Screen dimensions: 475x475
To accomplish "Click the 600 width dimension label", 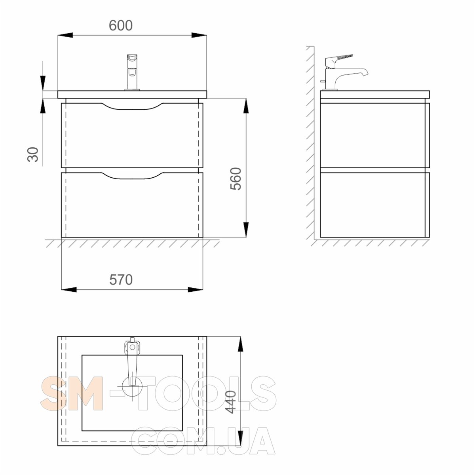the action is (121, 25).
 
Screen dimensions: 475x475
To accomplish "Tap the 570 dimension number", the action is (121, 280).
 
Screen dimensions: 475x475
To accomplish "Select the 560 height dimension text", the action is (236, 179).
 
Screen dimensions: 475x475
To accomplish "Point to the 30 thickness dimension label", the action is (33, 154).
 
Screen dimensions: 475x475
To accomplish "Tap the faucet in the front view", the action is (132, 72).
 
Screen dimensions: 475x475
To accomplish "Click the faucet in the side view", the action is (344, 72).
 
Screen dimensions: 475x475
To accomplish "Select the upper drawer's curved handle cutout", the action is (132, 106).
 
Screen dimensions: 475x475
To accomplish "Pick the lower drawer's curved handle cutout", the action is (132, 175).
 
